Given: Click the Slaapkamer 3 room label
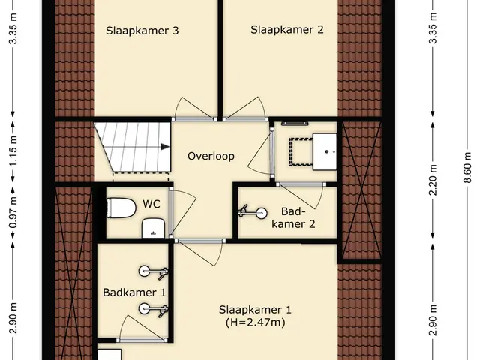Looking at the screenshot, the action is pyautogui.click(x=142, y=31).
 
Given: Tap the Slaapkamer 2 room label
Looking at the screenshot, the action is pyautogui.click(x=287, y=30).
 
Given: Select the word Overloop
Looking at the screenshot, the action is pyautogui.click(x=211, y=157).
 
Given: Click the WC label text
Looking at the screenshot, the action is pyautogui.click(x=151, y=204).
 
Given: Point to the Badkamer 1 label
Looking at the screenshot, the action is pyautogui.click(x=134, y=292).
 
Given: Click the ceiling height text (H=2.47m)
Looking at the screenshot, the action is pyautogui.click(x=255, y=322).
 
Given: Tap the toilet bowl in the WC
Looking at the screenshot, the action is pyautogui.click(x=121, y=208).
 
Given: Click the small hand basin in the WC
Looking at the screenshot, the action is pyautogui.click(x=154, y=228).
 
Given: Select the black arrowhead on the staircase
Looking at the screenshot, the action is pyautogui.click(x=165, y=147).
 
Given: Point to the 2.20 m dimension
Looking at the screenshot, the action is pyautogui.click(x=432, y=180).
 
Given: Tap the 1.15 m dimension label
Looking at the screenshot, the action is pyautogui.click(x=13, y=151).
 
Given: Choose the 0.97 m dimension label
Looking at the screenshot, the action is pyautogui.click(x=13, y=212).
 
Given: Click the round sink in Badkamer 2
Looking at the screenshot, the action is pyautogui.click(x=262, y=213).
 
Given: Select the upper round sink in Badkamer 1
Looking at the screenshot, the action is pyautogui.click(x=144, y=271).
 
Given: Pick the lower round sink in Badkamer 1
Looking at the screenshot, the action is pyautogui.click(x=144, y=308).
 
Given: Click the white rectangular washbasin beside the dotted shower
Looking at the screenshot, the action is pyautogui.click(x=325, y=151).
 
